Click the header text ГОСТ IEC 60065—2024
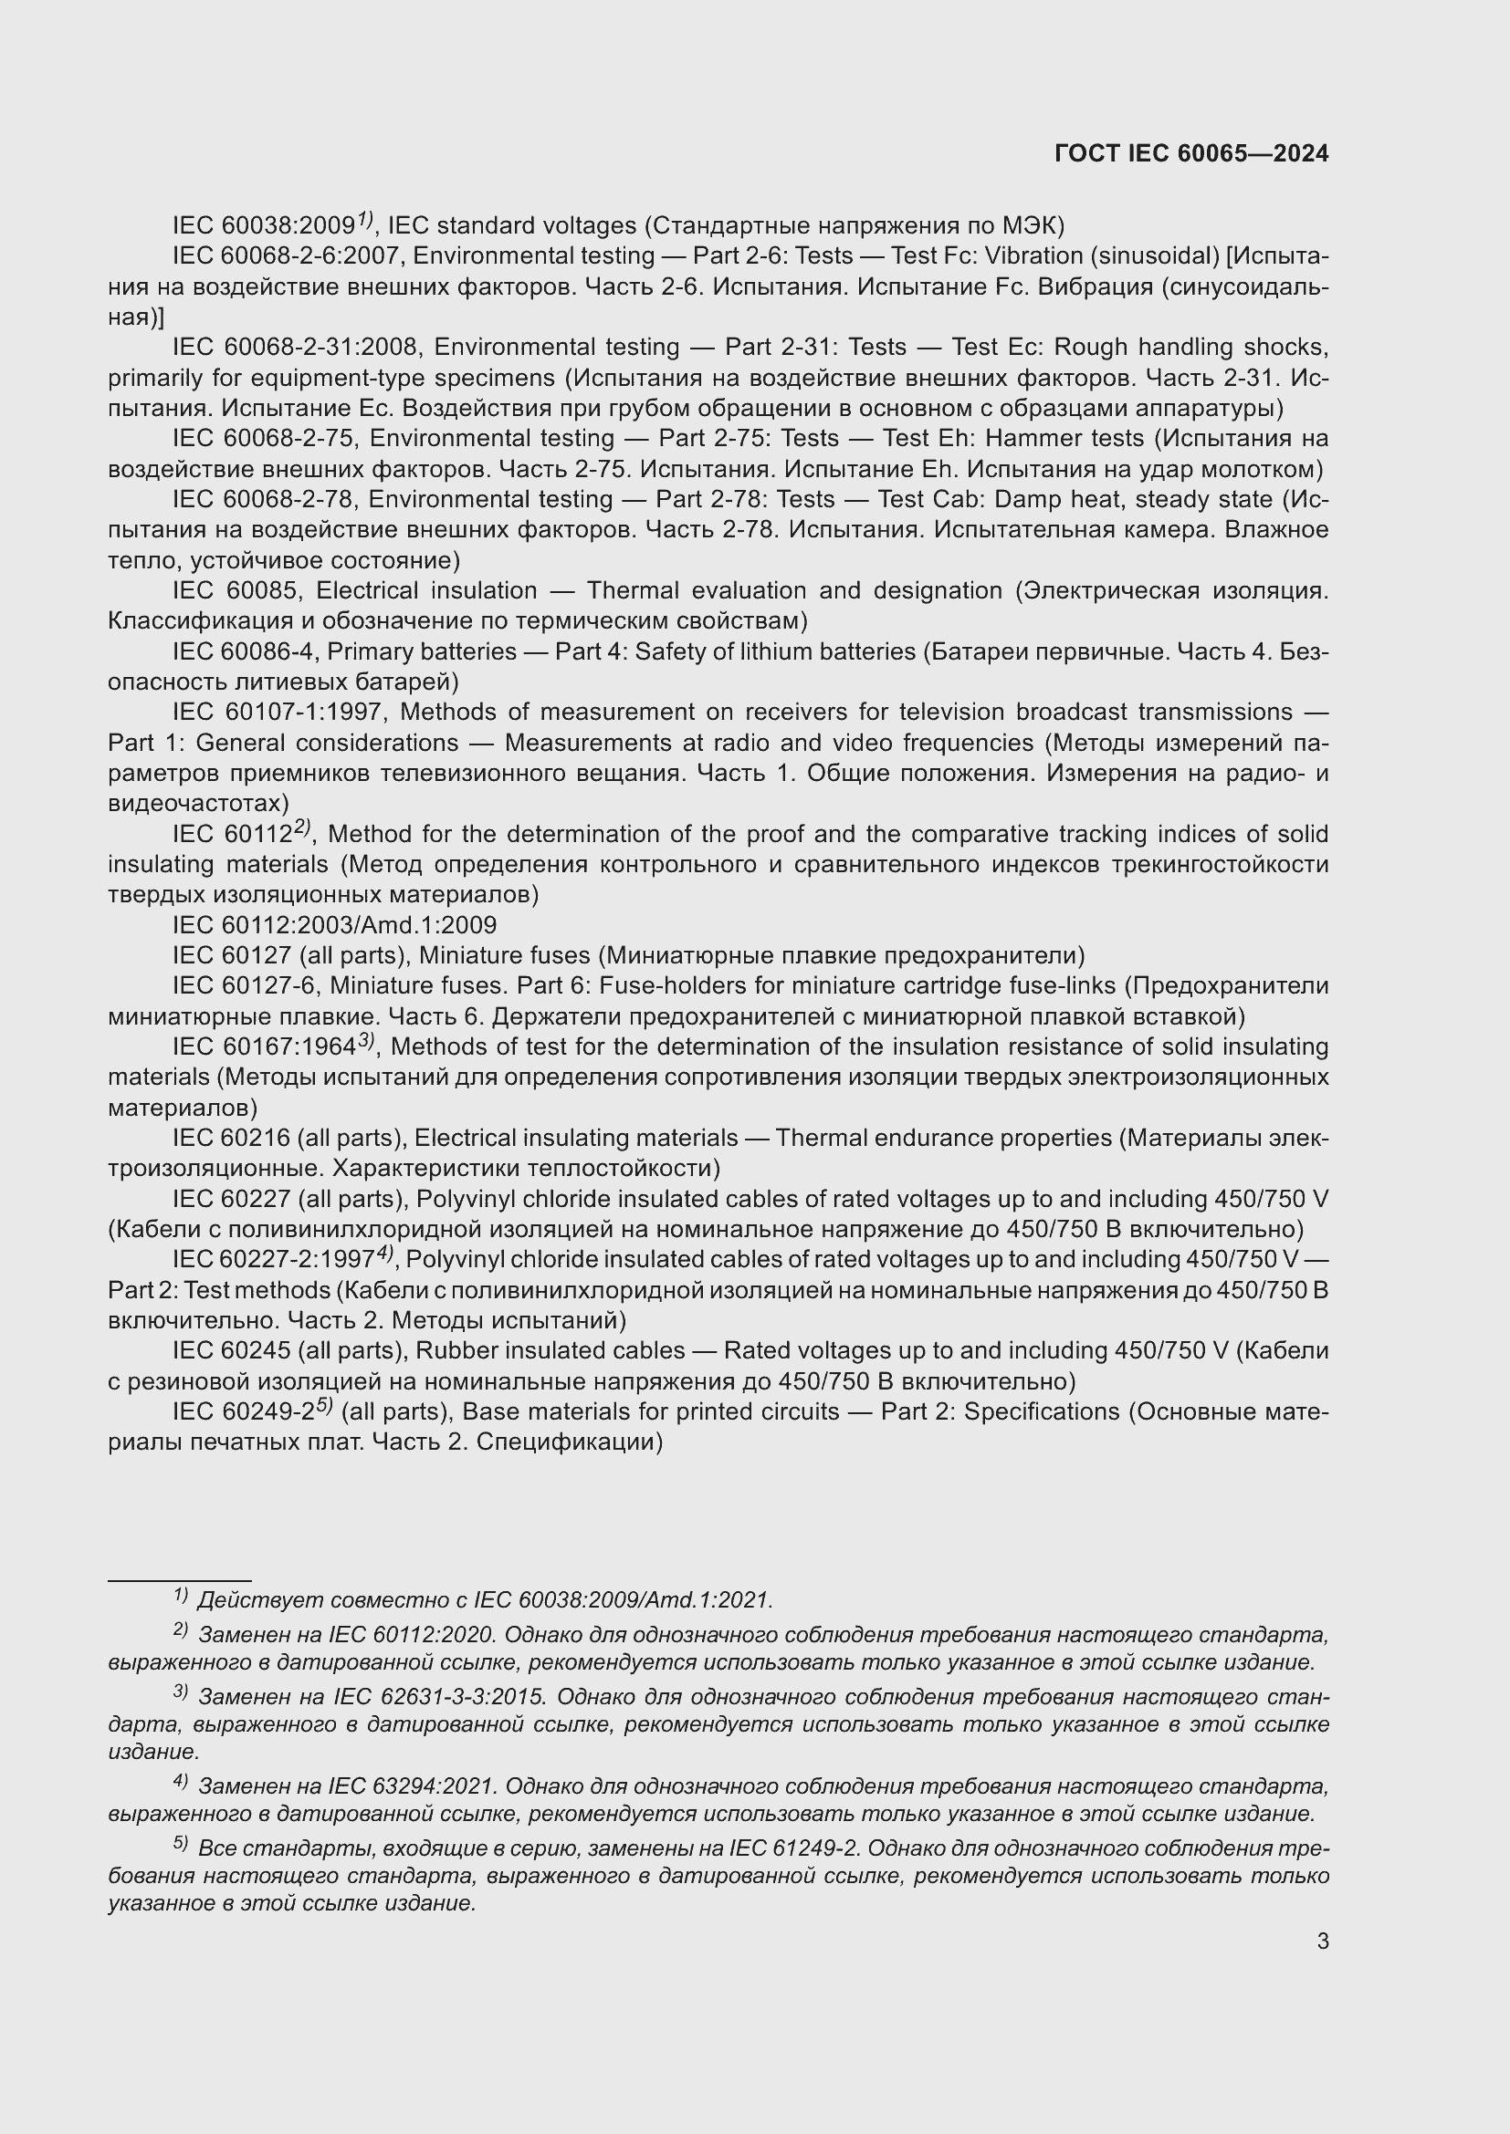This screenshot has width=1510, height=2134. (1191, 154)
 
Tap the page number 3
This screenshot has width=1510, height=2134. (1322, 1941)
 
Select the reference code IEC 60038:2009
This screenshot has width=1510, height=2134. (263, 226)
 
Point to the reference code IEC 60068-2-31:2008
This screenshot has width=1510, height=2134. (299, 348)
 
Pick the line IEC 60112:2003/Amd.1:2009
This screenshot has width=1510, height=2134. (335, 926)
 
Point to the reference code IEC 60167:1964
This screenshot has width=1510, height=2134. (263, 1047)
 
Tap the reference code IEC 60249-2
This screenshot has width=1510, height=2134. (243, 1411)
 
